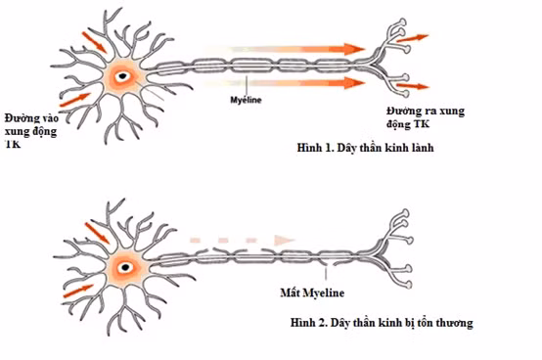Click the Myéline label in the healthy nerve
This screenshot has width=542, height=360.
click(246, 100)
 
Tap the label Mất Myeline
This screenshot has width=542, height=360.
click(312, 292)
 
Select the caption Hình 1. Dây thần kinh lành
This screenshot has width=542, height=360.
click(365, 148)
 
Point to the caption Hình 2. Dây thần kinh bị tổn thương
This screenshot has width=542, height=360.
click(382, 323)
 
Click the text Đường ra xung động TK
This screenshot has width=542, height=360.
click(426, 117)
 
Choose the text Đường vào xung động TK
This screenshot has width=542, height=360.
click(31, 131)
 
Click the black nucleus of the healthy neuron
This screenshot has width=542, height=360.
click(122, 75)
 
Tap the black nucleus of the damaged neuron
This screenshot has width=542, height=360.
click(125, 267)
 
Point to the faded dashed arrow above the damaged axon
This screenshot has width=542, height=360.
click(242, 240)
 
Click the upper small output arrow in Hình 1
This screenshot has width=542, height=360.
click(413, 38)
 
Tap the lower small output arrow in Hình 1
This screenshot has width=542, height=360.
click(413, 86)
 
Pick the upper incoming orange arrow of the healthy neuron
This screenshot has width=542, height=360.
click(94, 42)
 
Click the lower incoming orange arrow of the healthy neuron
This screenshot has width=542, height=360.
click(75, 100)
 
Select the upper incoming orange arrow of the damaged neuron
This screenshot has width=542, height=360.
click(97, 233)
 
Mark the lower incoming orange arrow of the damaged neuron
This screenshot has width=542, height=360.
click(78, 292)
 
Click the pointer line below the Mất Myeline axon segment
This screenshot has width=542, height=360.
click(326, 273)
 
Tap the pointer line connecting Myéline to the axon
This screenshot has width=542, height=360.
click(247, 85)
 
